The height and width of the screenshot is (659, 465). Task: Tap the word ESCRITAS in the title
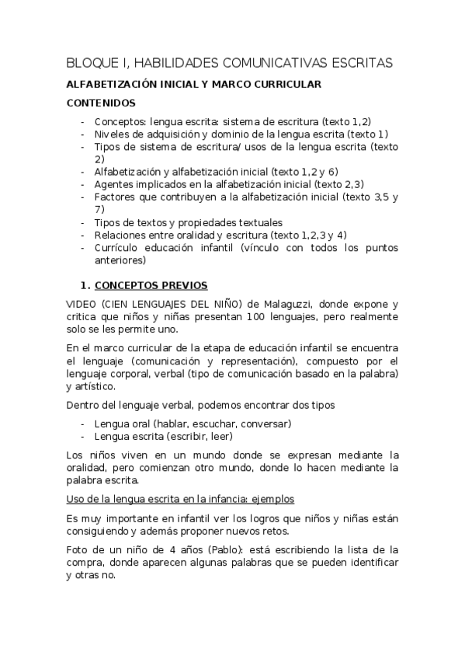tap(358, 62)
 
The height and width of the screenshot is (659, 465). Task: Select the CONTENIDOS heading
tap(101, 103)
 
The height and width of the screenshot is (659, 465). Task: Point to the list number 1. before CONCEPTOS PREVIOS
tap(86, 284)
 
